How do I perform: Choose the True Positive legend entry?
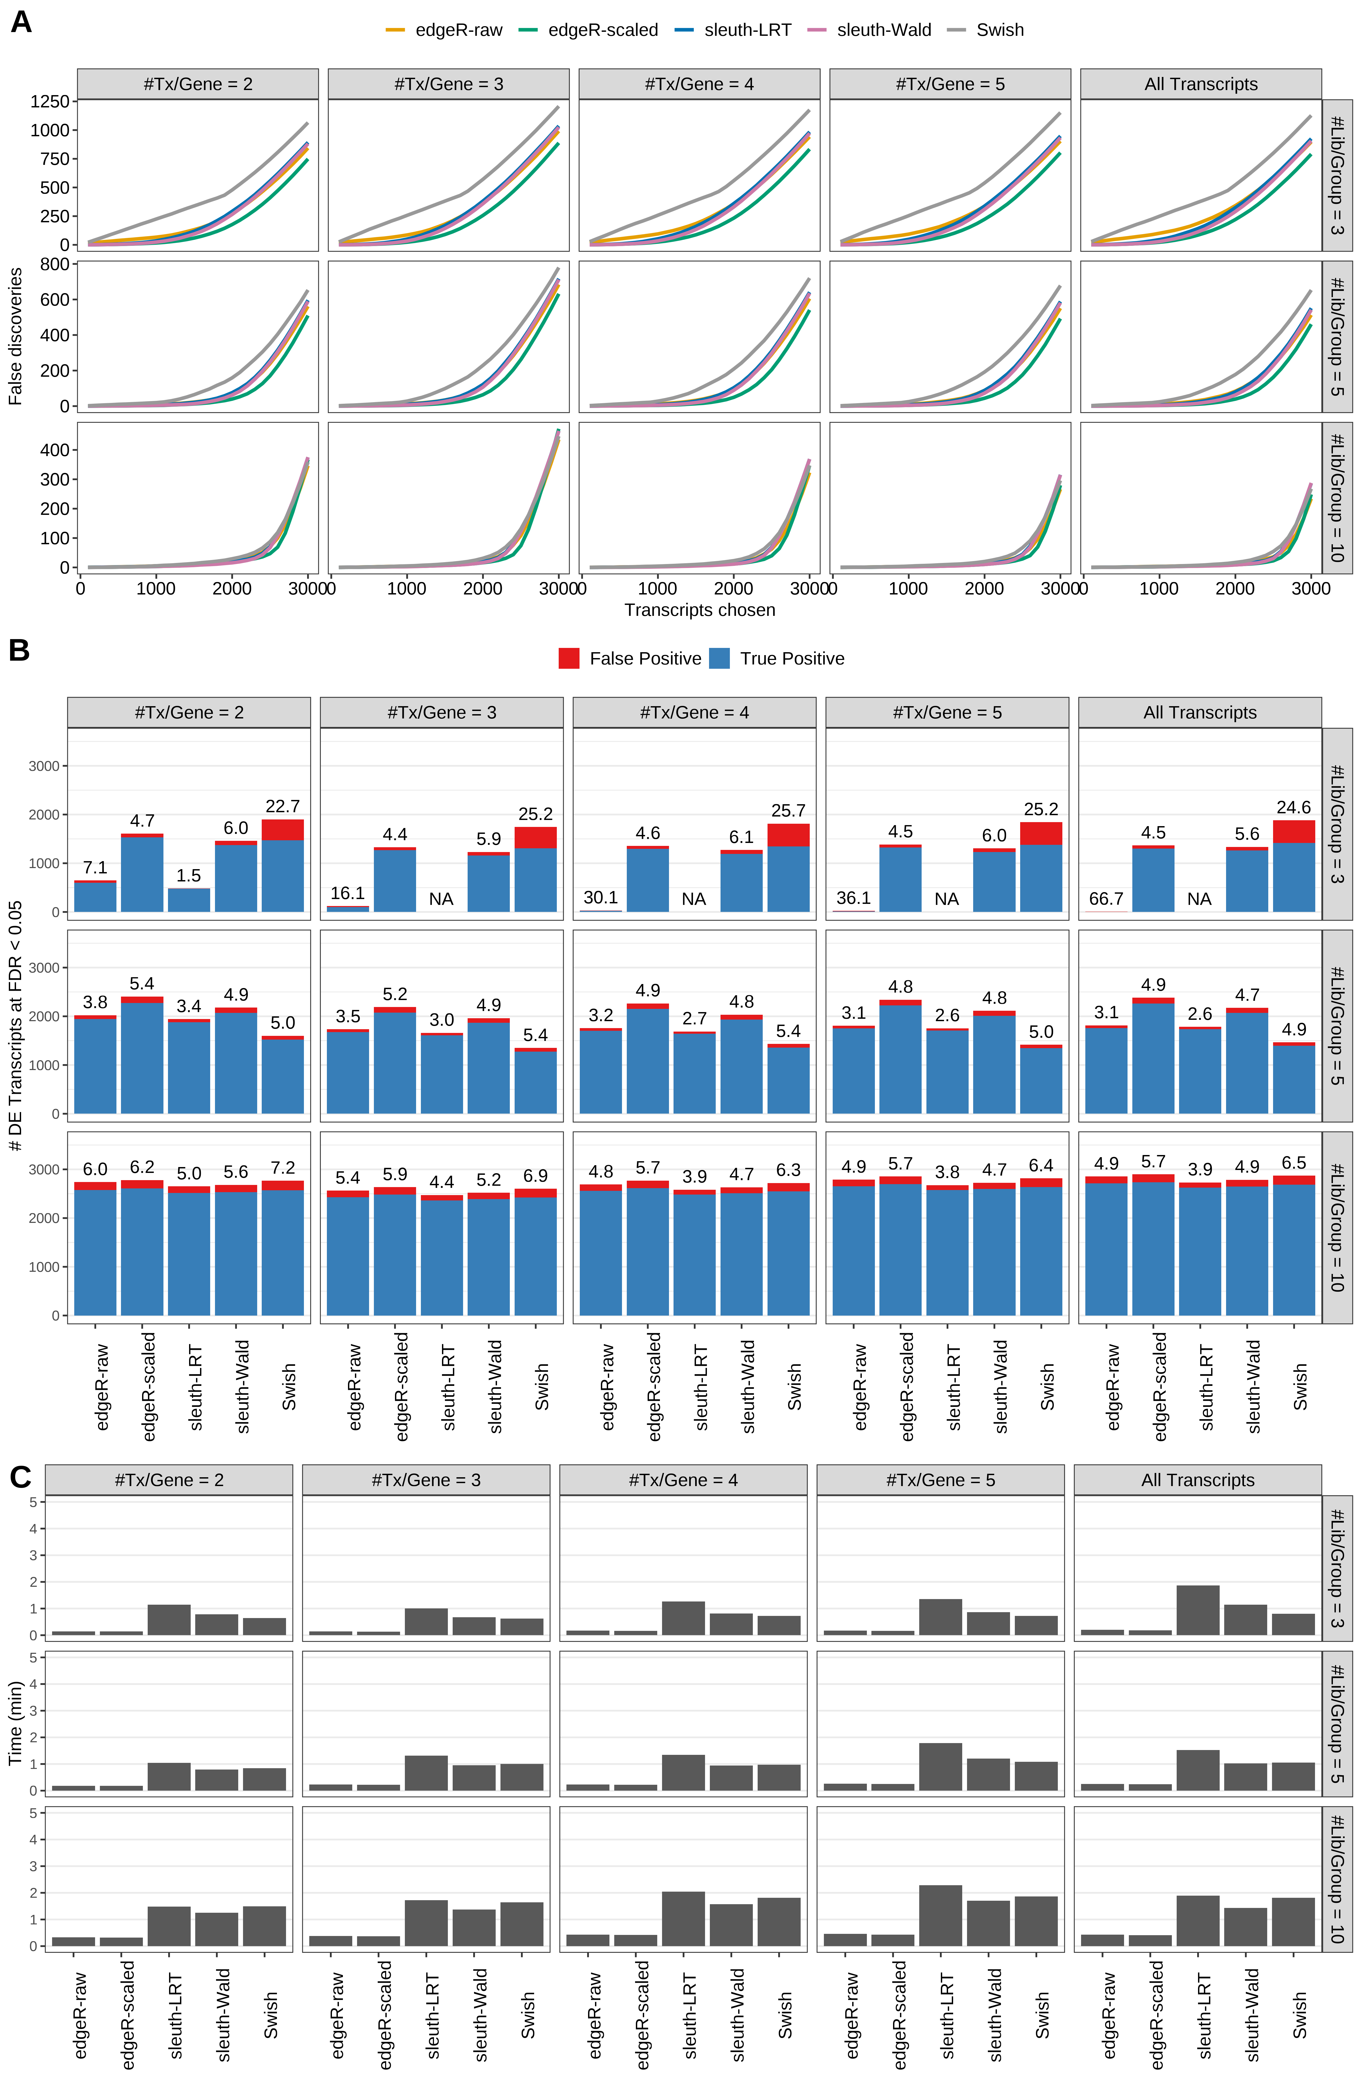click(791, 659)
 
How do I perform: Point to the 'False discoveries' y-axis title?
click(15, 336)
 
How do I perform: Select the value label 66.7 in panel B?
click(1106, 899)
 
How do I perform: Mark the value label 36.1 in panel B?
click(854, 899)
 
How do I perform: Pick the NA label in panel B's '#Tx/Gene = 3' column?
click(441, 899)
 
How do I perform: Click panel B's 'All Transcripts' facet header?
click(1199, 713)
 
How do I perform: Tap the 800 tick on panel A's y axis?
click(54, 265)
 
